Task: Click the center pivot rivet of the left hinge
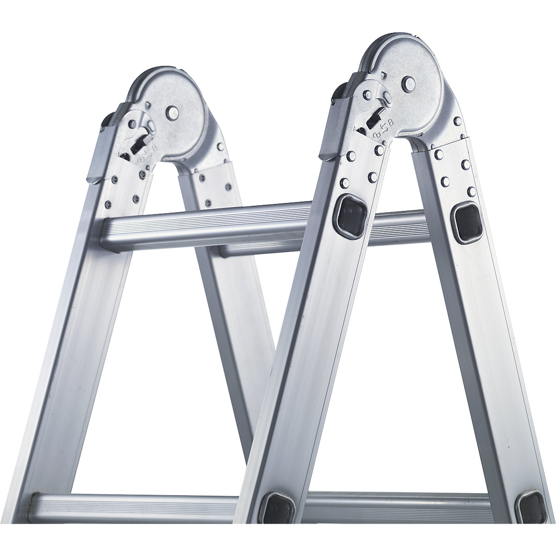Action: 172,112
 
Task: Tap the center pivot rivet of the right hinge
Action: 409,84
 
